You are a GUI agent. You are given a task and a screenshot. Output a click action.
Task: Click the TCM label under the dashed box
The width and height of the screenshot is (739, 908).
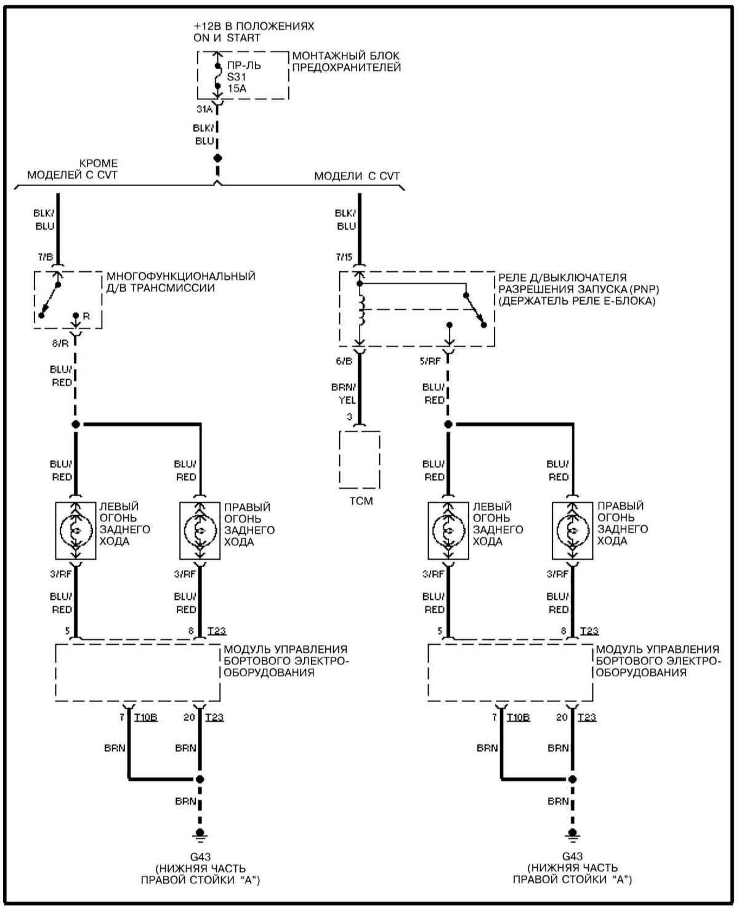[x=361, y=501]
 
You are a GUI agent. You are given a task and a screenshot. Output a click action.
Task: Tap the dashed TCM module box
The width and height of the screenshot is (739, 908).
[x=360, y=459]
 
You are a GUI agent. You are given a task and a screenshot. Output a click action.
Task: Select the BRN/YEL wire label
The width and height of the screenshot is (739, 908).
[x=345, y=393]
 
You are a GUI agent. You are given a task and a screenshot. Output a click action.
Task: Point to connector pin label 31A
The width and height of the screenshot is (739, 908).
[x=204, y=109]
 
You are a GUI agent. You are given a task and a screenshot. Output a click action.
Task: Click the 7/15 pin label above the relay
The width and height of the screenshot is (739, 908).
[x=344, y=256]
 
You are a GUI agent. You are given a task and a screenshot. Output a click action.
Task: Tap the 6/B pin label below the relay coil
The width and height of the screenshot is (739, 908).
[x=344, y=361]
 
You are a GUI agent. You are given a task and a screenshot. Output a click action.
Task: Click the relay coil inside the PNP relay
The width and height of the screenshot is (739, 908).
[x=361, y=310]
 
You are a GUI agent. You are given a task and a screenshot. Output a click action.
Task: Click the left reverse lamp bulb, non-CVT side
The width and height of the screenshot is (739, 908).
[x=76, y=530]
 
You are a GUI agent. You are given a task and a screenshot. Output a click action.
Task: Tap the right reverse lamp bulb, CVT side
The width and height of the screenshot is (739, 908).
[x=573, y=530]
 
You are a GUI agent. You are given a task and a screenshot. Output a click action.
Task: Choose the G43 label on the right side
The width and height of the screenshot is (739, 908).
[x=572, y=856]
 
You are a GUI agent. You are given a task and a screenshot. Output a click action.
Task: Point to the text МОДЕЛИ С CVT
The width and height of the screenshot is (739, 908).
[x=357, y=176]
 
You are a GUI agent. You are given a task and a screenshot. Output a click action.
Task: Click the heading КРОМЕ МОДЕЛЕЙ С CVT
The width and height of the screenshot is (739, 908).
[x=72, y=170]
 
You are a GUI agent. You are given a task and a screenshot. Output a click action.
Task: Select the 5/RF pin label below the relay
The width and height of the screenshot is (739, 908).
[x=430, y=361]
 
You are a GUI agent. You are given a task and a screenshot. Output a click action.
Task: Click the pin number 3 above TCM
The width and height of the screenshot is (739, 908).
[x=349, y=417]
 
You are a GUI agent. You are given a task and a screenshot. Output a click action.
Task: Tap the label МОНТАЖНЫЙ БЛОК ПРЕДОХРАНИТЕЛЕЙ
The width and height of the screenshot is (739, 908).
[x=347, y=62]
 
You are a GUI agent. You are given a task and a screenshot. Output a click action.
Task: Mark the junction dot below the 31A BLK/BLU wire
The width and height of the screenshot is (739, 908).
[x=217, y=158]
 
